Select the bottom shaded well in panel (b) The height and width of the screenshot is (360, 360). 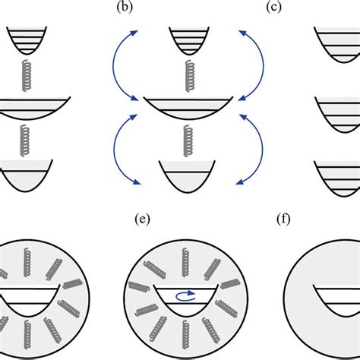pos(182,175)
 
